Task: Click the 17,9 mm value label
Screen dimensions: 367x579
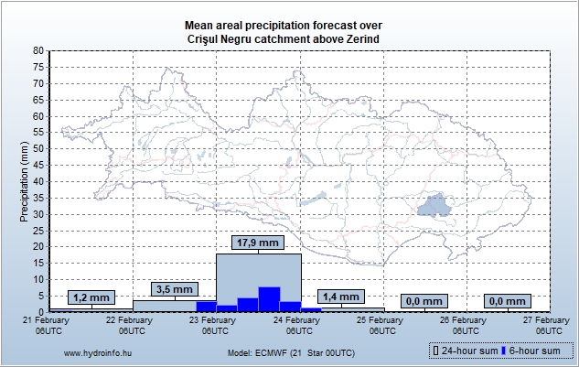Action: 257,243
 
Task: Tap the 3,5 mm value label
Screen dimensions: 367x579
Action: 174,289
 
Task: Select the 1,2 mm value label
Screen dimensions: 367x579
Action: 91,297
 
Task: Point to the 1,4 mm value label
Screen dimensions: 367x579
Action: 341,297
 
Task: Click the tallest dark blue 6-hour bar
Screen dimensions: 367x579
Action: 269,299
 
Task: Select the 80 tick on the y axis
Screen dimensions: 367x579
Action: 38,51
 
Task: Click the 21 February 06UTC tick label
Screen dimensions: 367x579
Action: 48,325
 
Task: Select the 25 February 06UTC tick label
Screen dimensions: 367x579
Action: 382,325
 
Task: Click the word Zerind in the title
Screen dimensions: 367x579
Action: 360,39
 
